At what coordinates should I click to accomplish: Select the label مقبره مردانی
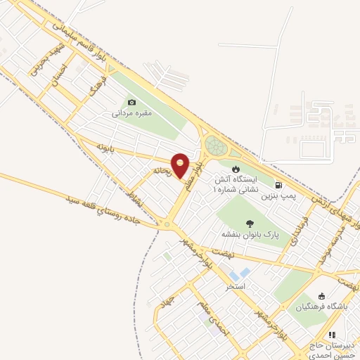131,112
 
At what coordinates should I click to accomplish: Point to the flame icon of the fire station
236,169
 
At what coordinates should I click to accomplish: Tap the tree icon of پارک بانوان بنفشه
250,224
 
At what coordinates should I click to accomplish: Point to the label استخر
235,287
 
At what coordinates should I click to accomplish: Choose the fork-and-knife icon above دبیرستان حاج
333,335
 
